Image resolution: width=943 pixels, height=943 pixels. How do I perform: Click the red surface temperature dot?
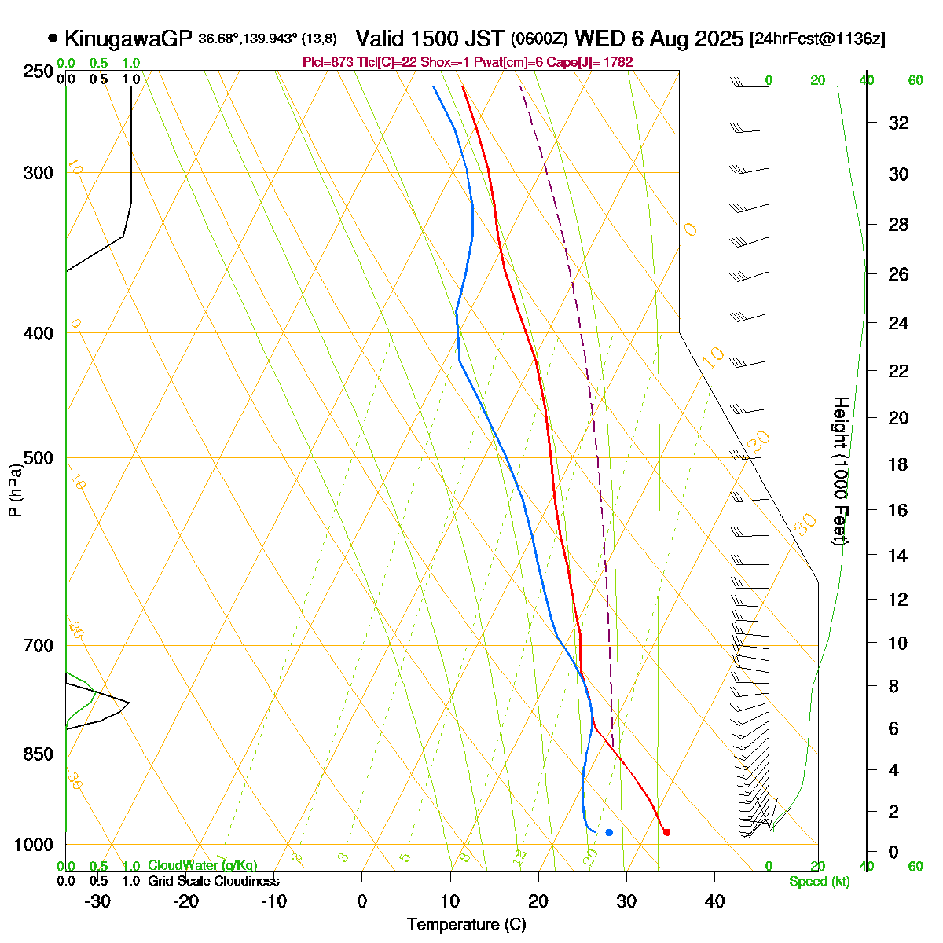pyautogui.click(x=666, y=832)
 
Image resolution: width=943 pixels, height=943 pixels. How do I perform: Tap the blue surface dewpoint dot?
pyautogui.click(x=609, y=832)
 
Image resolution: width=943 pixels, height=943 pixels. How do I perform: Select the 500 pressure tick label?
pyautogui.click(x=40, y=458)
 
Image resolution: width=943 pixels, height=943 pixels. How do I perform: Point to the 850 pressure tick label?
pyautogui.click(x=40, y=754)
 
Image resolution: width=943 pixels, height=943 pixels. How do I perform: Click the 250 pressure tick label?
pyautogui.click(x=40, y=72)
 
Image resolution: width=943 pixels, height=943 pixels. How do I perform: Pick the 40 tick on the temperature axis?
pyautogui.click(x=714, y=901)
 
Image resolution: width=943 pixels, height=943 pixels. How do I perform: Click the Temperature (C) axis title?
pyautogui.click(x=467, y=925)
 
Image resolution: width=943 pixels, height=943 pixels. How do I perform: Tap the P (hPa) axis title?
pyautogui.click(x=15, y=490)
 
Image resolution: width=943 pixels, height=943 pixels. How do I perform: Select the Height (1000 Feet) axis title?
pyautogui.click(x=840, y=472)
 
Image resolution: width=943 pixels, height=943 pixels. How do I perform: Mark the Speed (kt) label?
pyautogui.click(x=820, y=882)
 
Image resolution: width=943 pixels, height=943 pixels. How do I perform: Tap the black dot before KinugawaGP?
pyautogui.click(x=53, y=37)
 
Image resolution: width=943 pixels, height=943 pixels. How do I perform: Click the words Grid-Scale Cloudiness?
pyautogui.click(x=213, y=881)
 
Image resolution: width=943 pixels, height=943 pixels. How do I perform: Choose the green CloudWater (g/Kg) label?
pyautogui.click(x=202, y=865)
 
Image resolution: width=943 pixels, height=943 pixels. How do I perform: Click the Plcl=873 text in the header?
pyautogui.click(x=325, y=62)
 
